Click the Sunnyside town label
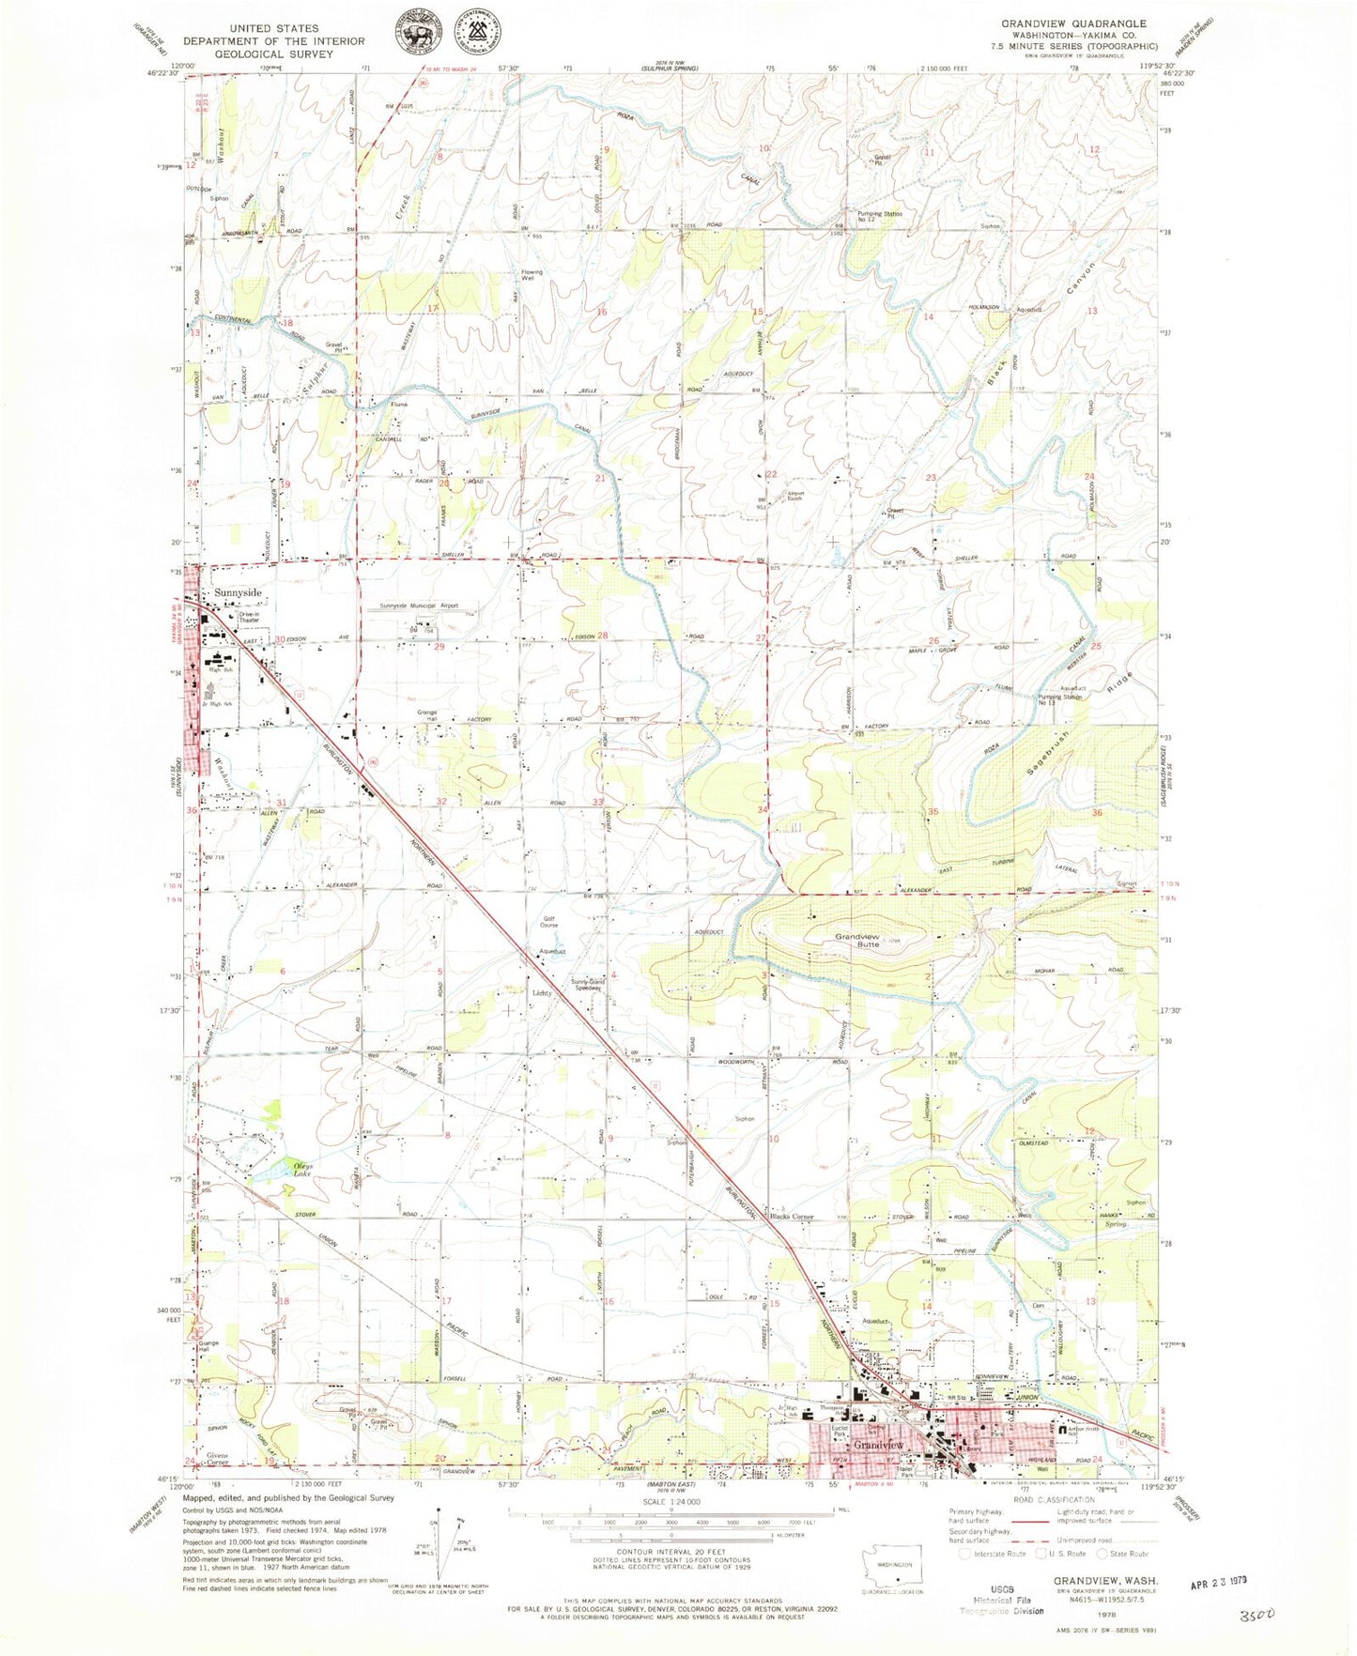[238, 593]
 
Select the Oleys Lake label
[301, 1170]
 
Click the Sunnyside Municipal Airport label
[419, 606]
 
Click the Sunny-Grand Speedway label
[589, 985]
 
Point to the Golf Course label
[548, 922]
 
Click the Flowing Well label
[532, 275]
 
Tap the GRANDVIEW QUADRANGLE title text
[1072, 23]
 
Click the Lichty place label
[543, 992]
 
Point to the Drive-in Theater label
[249, 617]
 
